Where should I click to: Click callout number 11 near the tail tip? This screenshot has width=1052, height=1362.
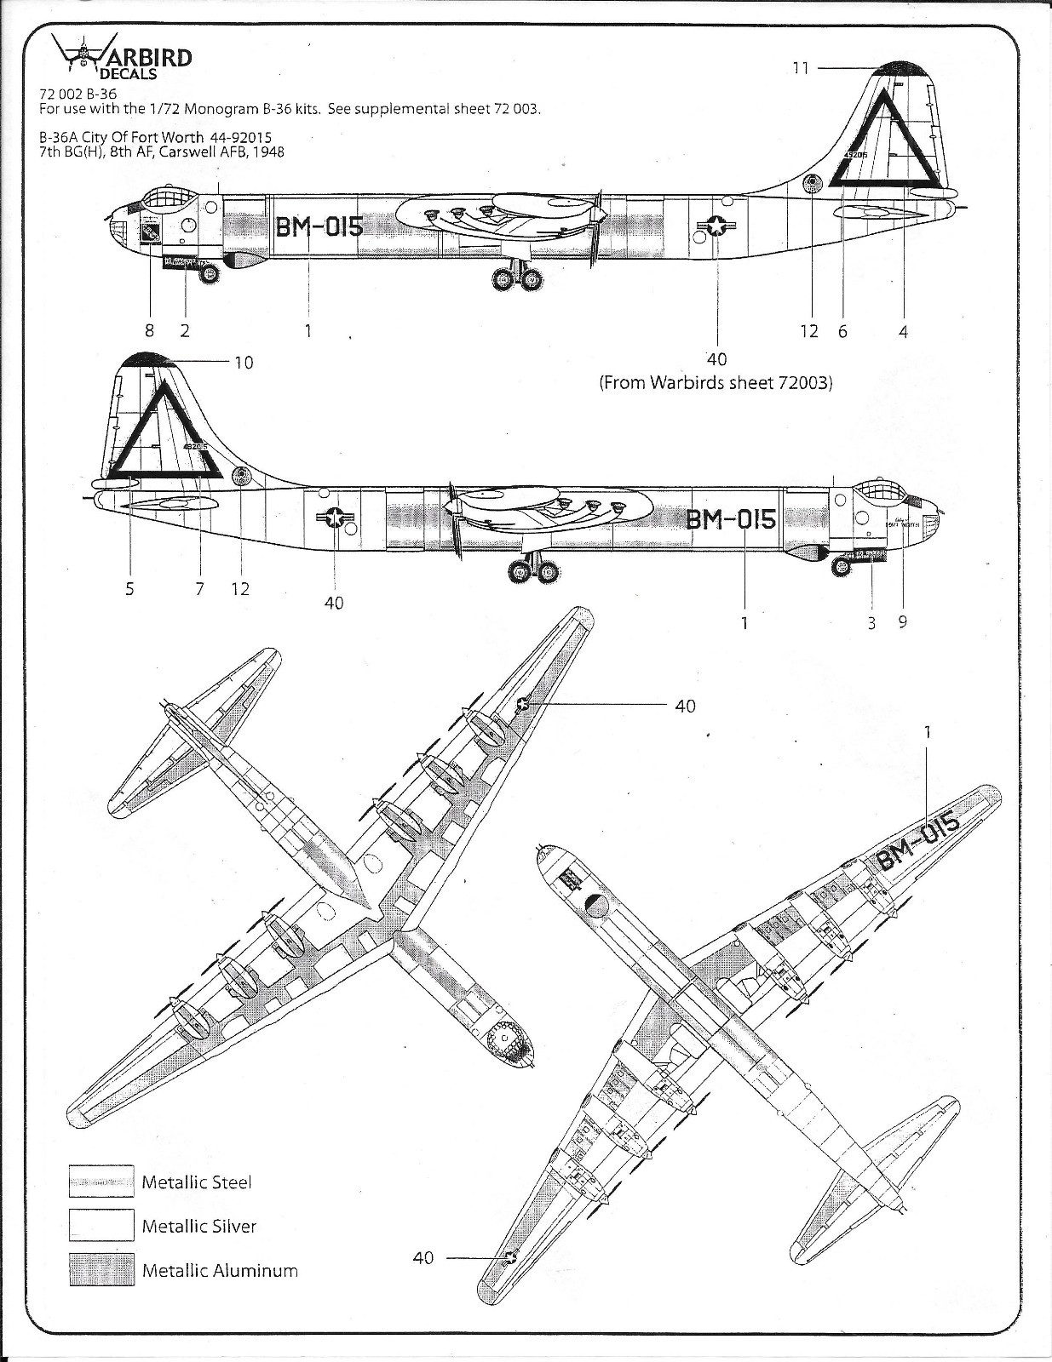[800, 67]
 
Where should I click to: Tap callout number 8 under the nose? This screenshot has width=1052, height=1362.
[150, 330]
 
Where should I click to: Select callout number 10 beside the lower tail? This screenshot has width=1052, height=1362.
[244, 363]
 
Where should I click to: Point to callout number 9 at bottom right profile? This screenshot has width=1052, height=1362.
[902, 621]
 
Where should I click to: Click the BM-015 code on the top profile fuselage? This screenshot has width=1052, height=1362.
[319, 226]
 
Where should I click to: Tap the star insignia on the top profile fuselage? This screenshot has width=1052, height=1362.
[717, 226]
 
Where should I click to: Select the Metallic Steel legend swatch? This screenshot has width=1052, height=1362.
[101, 1181]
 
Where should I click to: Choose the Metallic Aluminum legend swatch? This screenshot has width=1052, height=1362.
[101, 1269]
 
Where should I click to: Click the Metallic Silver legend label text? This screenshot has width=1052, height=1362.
[198, 1226]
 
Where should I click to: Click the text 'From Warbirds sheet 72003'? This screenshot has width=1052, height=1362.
[716, 383]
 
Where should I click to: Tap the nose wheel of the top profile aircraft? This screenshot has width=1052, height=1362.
[208, 274]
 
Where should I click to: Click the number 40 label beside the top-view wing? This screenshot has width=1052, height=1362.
[686, 706]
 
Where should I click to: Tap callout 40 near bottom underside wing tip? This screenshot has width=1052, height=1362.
[423, 1257]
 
